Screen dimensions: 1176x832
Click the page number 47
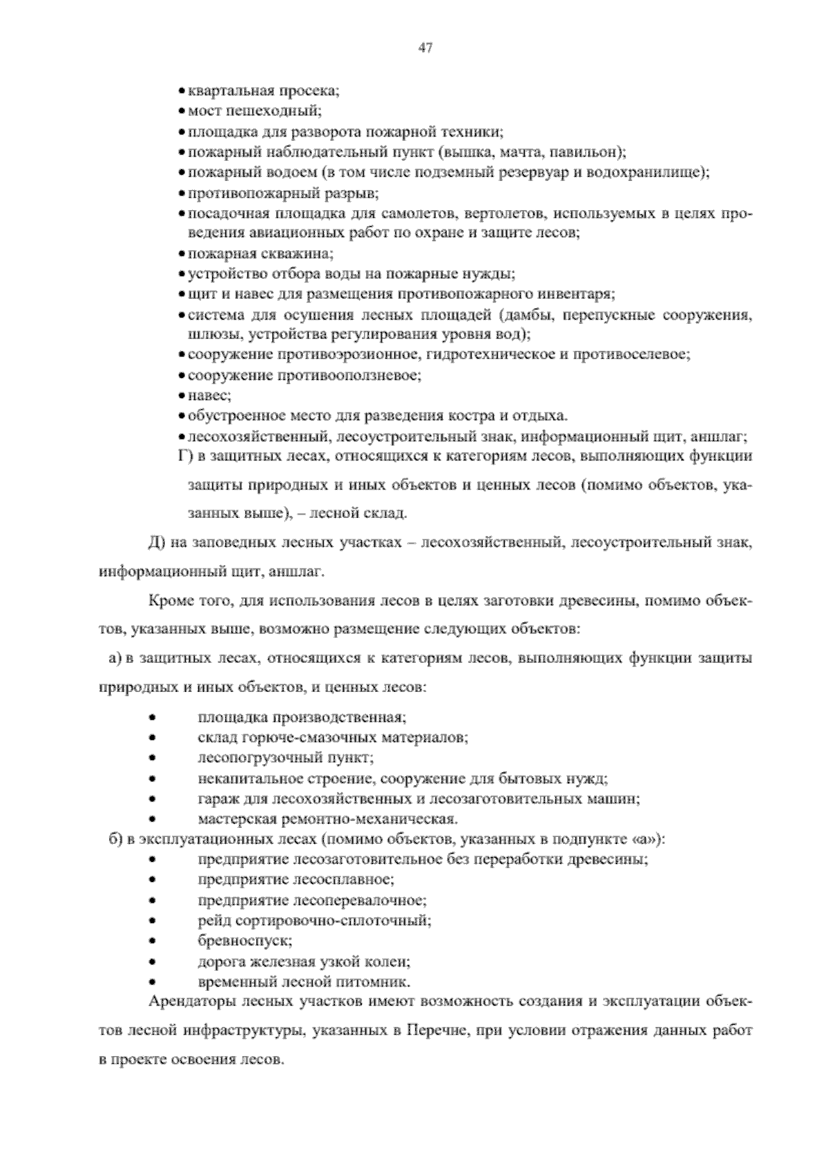425,47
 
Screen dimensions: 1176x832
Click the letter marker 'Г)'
184,456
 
